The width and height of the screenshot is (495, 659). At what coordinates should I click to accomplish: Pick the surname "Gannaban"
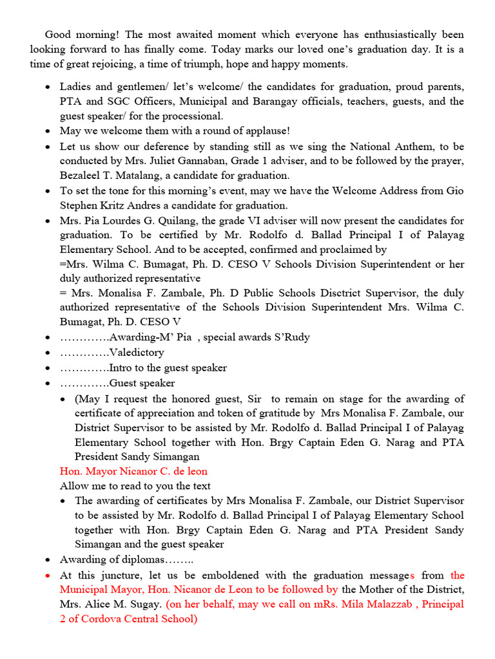coord(214,161)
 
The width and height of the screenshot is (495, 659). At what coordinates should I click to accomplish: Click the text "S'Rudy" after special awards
coord(291,337)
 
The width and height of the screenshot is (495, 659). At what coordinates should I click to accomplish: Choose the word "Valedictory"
coord(137,352)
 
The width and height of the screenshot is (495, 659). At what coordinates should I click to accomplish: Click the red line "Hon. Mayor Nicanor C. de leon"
coord(133,471)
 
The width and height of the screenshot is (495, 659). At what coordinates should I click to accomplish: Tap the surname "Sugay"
coord(142,604)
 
